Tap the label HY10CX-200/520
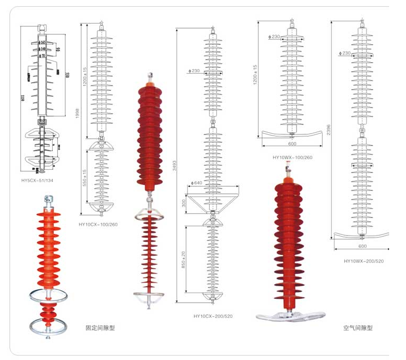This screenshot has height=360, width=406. tap(213, 316)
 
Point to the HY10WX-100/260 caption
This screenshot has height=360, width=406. tap(292, 157)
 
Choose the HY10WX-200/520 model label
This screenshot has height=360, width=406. tap(364, 260)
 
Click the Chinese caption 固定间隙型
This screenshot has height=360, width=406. tap(100, 327)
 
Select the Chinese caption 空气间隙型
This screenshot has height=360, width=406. tap(358, 327)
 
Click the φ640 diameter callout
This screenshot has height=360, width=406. tap(197, 183)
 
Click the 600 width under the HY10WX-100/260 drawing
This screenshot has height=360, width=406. tap(292, 143)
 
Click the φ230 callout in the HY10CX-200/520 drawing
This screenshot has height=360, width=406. tap(194, 71)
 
